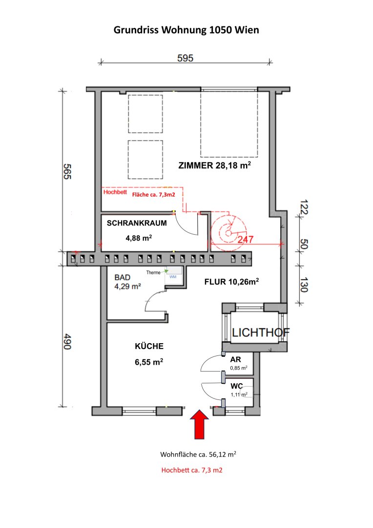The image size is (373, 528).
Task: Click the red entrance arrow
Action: point(200,424)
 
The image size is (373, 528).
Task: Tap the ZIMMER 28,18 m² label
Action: point(215,165)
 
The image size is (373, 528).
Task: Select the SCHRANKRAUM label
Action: point(137,223)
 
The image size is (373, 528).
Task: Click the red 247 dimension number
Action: point(246,240)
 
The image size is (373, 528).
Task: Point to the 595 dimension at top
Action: point(186,58)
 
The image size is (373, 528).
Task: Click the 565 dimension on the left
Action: point(67,172)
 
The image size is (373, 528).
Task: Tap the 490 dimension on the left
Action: point(67,341)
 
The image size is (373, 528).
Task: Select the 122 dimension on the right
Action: point(304,207)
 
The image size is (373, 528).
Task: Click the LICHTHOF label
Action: point(261,333)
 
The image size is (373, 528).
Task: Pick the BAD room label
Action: point(122,278)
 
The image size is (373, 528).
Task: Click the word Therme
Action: point(153,272)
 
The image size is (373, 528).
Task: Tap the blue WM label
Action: point(173,277)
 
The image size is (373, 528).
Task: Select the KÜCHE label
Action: point(149,346)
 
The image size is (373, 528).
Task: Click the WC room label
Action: point(236,386)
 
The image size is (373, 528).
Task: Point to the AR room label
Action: point(235,360)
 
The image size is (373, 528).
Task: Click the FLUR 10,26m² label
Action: point(231,282)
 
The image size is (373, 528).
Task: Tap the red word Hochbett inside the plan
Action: point(115,192)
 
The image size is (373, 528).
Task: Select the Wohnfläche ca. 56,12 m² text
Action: point(198,454)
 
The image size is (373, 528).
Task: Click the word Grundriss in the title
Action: point(136,30)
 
